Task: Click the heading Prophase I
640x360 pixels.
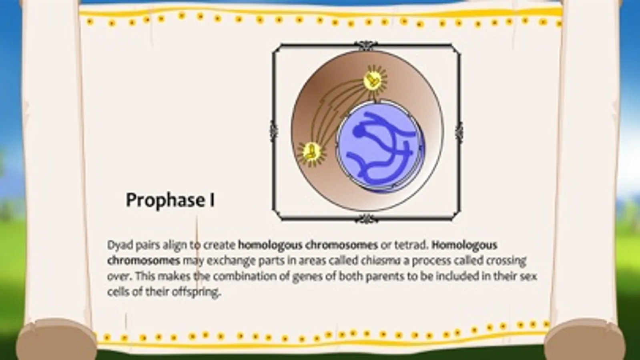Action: (x=170, y=200)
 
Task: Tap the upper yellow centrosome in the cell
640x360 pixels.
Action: (x=375, y=80)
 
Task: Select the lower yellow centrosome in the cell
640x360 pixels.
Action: (x=311, y=152)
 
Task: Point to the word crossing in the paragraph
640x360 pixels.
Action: (x=506, y=260)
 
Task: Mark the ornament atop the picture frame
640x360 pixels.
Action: (x=365, y=44)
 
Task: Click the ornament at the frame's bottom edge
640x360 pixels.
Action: (x=365, y=219)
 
